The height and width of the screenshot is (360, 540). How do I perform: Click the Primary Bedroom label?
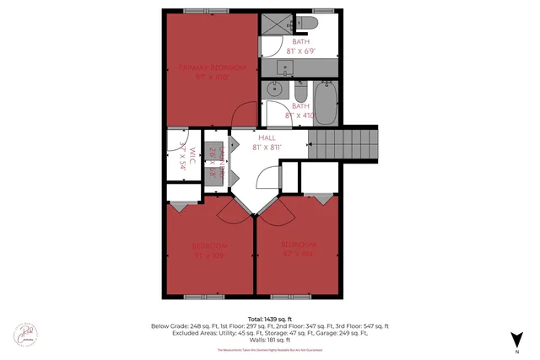pyautogui.click(x=211, y=71)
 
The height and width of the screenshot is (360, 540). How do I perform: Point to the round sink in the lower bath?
pyautogui.click(x=274, y=88)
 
